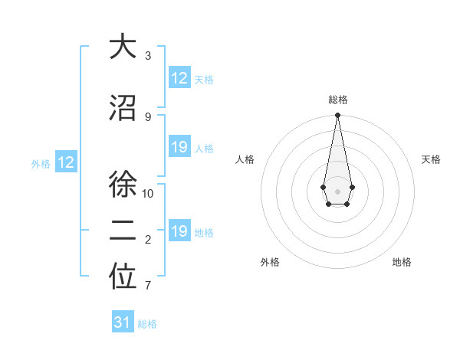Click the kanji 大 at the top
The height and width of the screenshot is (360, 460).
click(123, 47)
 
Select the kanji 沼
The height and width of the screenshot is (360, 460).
click(123, 108)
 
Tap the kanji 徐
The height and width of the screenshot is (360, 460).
click(123, 185)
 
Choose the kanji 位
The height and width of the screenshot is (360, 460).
click(123, 278)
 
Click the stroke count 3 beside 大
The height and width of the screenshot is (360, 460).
click(148, 56)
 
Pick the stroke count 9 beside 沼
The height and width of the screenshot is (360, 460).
click(148, 116)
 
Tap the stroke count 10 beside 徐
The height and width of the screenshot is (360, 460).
click(148, 193)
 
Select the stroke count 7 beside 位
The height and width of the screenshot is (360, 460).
click(148, 286)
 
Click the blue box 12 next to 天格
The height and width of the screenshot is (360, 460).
click(179, 78)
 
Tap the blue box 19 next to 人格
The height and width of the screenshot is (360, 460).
click(179, 148)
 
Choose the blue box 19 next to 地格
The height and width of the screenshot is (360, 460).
click(179, 231)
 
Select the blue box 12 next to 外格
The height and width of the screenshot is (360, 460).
click(65, 162)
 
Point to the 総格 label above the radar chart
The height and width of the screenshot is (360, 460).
click(337, 100)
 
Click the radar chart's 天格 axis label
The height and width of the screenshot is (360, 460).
click(431, 159)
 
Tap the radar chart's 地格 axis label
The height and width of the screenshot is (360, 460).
click(402, 262)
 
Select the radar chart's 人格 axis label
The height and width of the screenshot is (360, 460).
click(245, 159)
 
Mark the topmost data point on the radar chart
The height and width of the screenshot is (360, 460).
click(337, 116)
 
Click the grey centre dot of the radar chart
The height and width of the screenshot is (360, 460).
click(337, 190)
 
